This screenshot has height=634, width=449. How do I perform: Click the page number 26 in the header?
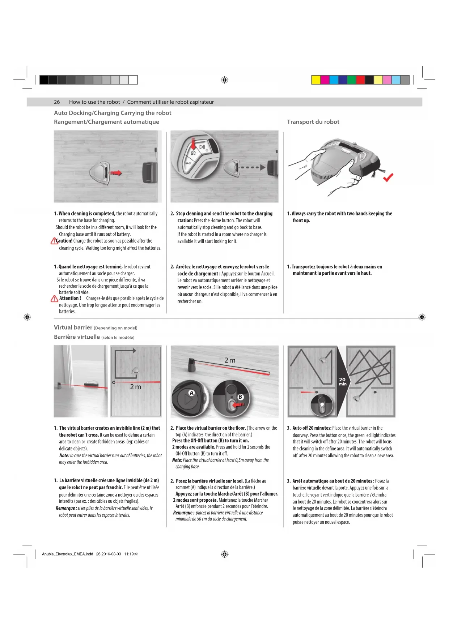click(x=57, y=102)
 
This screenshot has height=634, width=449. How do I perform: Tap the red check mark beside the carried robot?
click(x=388, y=177)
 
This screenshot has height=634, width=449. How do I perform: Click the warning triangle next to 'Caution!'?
click(x=54, y=241)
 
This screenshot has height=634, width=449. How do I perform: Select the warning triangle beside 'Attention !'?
click(x=54, y=299)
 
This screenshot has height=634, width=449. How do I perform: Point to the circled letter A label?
click(x=192, y=393)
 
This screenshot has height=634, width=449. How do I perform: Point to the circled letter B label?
click(x=240, y=397)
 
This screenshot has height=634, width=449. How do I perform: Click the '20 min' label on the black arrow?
click(x=342, y=382)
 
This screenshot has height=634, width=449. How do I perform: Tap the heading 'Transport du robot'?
click(x=313, y=122)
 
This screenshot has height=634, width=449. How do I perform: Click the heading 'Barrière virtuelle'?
click(x=77, y=337)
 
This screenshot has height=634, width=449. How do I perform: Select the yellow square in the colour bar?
click(x=316, y=80)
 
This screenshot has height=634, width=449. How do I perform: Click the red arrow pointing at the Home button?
click(x=193, y=144)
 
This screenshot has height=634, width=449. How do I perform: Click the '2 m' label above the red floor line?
click(x=230, y=360)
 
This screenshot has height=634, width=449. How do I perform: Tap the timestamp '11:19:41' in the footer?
click(x=131, y=554)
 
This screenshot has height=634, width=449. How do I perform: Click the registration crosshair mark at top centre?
click(x=224, y=80)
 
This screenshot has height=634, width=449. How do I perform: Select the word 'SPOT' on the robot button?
click(x=188, y=163)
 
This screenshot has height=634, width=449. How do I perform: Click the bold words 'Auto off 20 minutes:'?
click(x=312, y=428)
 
